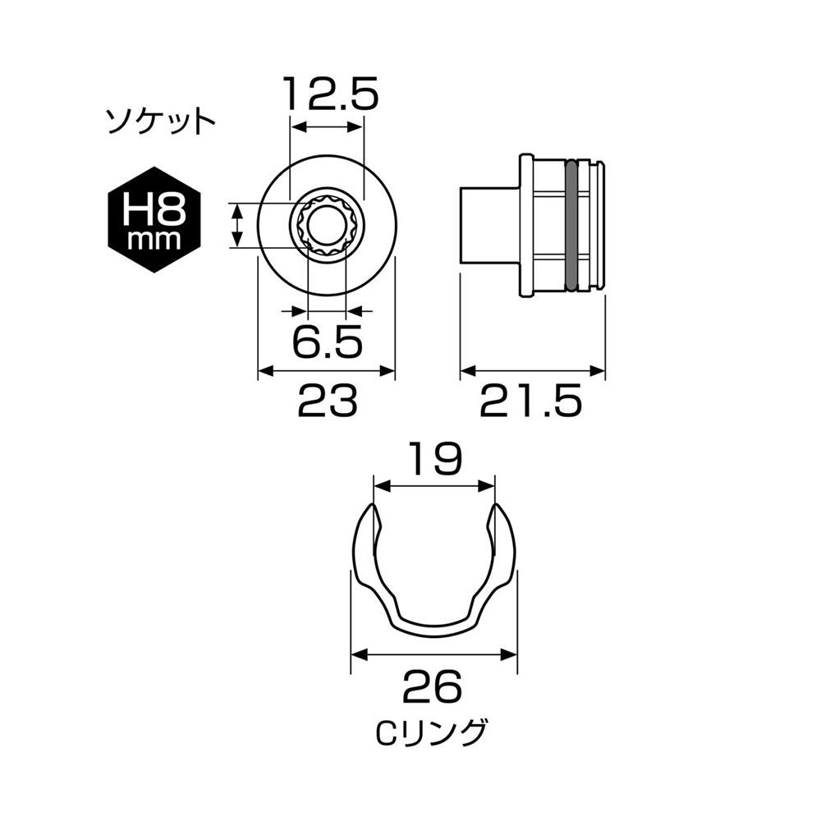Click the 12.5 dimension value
(331, 94)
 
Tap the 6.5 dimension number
(328, 342)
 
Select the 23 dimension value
(328, 400)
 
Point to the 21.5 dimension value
(531, 400)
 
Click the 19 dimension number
(435, 459)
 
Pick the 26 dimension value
(433, 687)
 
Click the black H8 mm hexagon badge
(154, 220)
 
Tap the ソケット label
(161, 122)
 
